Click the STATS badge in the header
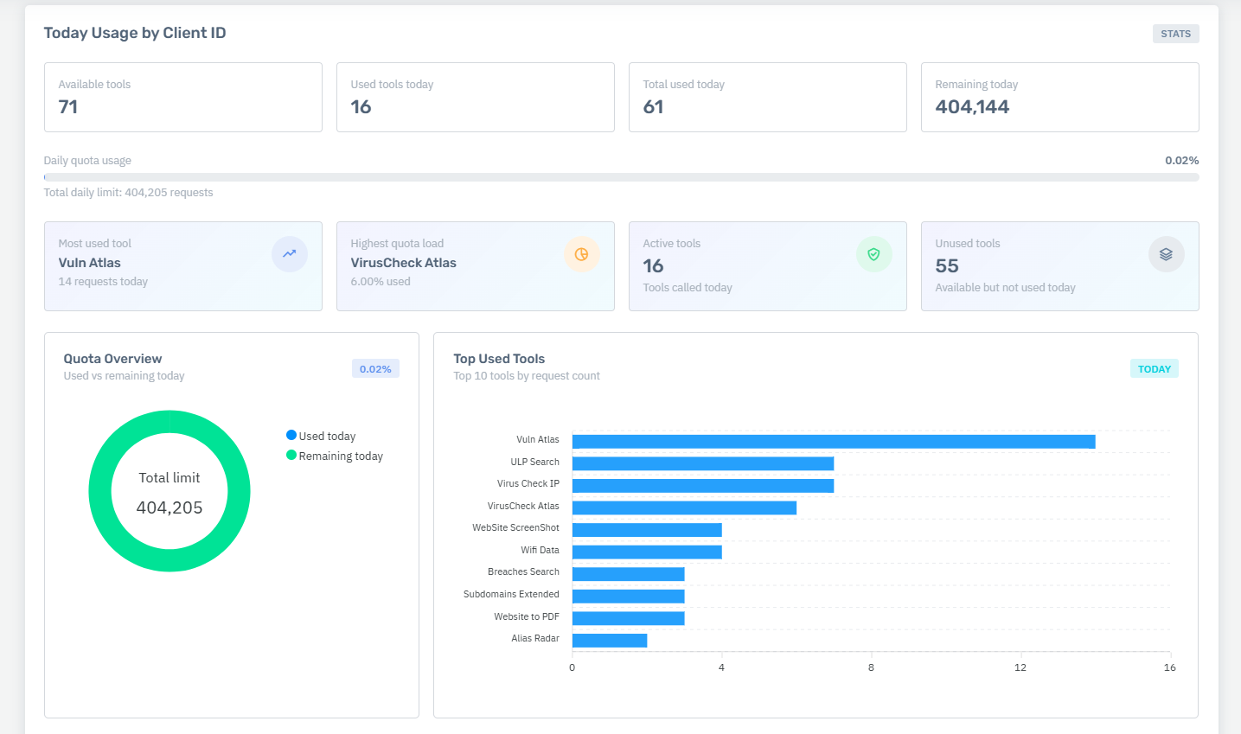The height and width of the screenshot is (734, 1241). [x=1175, y=34]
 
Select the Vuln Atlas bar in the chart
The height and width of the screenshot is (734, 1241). [x=834, y=442]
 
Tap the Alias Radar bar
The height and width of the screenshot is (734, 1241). [x=610, y=641]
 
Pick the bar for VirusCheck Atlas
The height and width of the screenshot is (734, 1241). [x=684, y=507]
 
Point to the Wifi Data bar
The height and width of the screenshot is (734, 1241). [x=647, y=552]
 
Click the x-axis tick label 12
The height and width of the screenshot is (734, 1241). [x=1020, y=667]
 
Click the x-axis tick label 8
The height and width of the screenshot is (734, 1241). [x=871, y=667]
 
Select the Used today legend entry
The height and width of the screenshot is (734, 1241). [x=321, y=436]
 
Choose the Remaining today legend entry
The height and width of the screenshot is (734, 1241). [x=335, y=456]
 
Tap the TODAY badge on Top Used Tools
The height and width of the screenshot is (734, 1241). [x=1154, y=369]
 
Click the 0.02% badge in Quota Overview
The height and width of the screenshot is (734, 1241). [x=375, y=369]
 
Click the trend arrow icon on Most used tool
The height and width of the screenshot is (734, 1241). [x=289, y=254]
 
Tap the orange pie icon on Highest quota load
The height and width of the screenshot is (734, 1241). [x=582, y=254]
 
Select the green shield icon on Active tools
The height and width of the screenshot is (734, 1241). [x=873, y=254]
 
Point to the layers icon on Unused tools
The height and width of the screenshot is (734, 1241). [x=1167, y=254]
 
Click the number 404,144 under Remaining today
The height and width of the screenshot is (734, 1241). [x=972, y=107]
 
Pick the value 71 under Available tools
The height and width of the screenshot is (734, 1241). [x=68, y=107]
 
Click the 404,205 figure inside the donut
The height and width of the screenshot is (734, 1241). [x=170, y=507]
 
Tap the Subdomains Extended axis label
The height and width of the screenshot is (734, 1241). [x=511, y=594]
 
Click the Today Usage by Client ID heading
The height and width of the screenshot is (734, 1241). [x=135, y=33]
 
